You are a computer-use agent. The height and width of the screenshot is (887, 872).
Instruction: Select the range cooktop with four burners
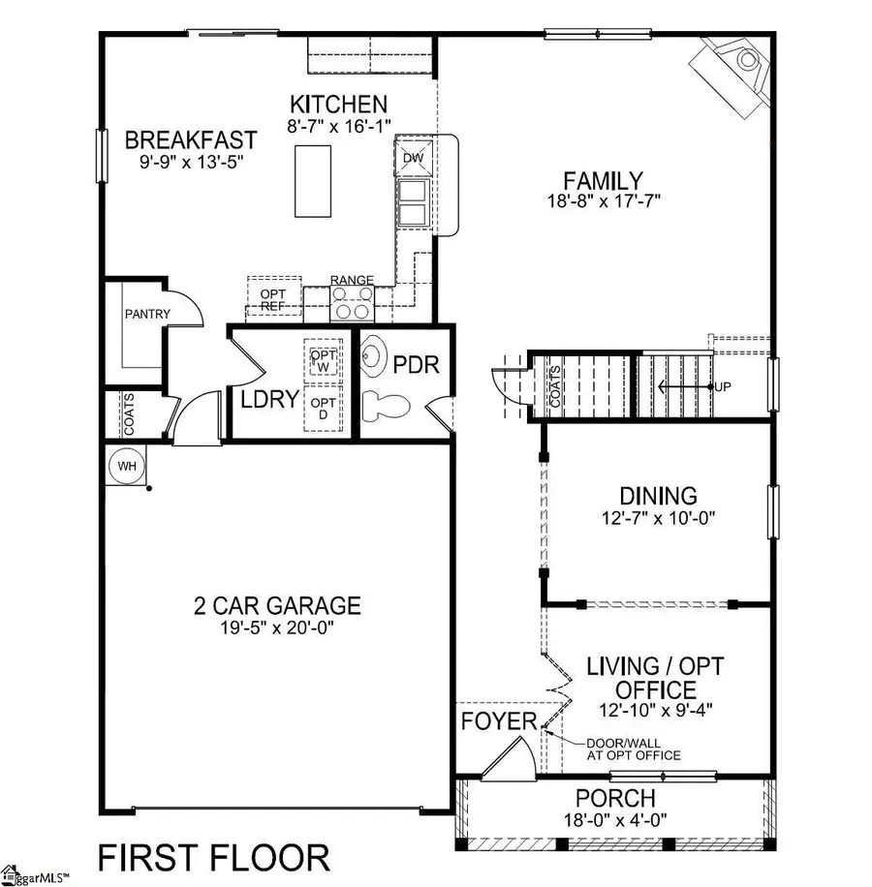point(352,303)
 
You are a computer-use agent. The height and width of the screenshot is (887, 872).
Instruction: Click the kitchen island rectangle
point(312,180)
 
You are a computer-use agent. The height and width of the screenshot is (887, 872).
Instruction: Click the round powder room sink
point(376,358)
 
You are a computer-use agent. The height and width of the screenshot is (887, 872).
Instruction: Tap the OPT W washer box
point(321,359)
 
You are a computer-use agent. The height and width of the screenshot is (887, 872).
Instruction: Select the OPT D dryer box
point(321,408)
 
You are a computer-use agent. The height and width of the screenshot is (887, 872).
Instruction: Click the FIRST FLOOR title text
point(213,857)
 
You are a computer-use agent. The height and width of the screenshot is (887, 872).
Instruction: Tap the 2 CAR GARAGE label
point(276,606)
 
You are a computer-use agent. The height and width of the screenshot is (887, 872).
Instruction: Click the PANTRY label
point(147,314)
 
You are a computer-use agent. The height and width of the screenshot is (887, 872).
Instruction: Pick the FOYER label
point(498,721)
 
